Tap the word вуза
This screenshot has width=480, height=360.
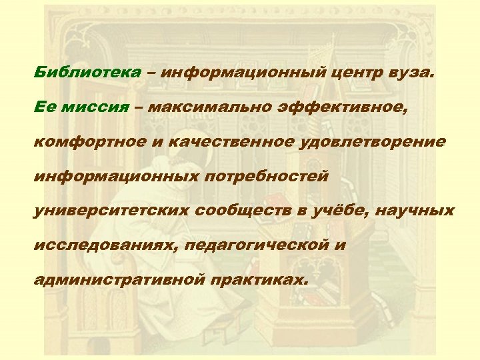tap(411, 72)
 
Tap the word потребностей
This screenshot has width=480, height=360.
tap(263, 176)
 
